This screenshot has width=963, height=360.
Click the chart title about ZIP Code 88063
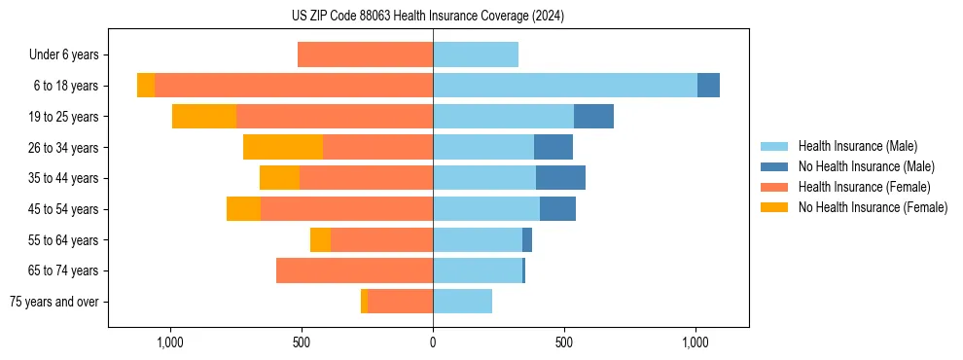coord(427,16)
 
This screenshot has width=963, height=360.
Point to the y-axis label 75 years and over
coord(54,302)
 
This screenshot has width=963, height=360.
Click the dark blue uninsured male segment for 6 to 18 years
coord(708,86)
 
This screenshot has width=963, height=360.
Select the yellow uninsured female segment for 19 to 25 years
coord(204,117)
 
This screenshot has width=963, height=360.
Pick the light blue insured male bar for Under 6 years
coord(476,55)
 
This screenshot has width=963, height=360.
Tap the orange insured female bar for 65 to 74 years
coord(354,270)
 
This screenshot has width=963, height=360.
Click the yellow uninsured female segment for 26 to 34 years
coord(283,147)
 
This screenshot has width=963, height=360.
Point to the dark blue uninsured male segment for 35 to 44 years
coord(560,178)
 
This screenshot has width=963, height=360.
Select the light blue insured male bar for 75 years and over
coord(462,302)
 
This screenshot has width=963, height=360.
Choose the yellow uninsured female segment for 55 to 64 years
coord(320,240)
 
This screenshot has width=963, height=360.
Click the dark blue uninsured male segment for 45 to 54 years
coord(557,209)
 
